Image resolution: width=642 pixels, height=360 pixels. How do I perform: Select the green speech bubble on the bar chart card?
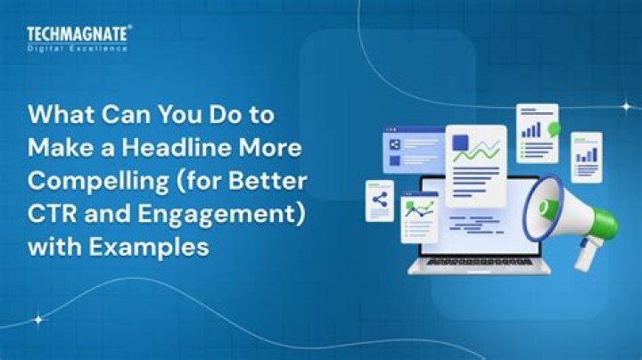(554, 129)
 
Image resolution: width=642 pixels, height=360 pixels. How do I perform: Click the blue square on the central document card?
(460, 143)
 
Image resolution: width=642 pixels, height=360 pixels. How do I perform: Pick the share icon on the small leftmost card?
(380, 200)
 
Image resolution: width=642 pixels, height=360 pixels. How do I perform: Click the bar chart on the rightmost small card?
(586, 155)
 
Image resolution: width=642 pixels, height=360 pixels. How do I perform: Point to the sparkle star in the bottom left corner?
(37, 318)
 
